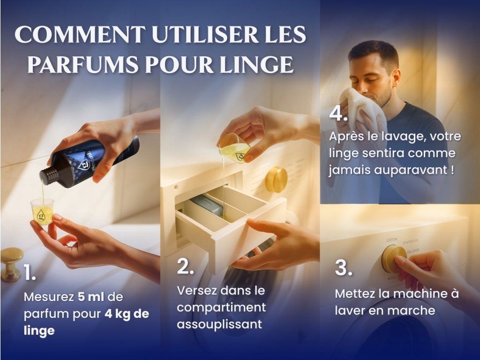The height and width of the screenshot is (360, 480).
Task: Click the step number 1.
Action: pyautogui.click(x=30, y=272)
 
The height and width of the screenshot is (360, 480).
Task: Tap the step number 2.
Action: pyautogui.click(x=185, y=266)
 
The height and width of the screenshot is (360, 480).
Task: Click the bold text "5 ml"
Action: pyautogui.click(x=91, y=297)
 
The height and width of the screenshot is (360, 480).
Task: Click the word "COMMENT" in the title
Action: pyautogui.click(x=80, y=34)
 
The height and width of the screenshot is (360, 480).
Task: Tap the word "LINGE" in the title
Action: pyautogui.click(x=256, y=64)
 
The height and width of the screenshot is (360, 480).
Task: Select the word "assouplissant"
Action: pyautogui.click(x=219, y=324)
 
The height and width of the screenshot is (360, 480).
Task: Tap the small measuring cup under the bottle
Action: pyautogui.click(x=42, y=211)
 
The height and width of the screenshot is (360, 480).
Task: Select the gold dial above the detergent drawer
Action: pyautogui.click(x=276, y=180)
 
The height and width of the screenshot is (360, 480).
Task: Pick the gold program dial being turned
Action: pyautogui.click(x=393, y=259)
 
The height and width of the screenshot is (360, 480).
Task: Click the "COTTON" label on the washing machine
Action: pyautogui.click(x=392, y=240)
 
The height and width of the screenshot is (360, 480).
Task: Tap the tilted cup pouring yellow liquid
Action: pyautogui.click(x=234, y=148)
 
